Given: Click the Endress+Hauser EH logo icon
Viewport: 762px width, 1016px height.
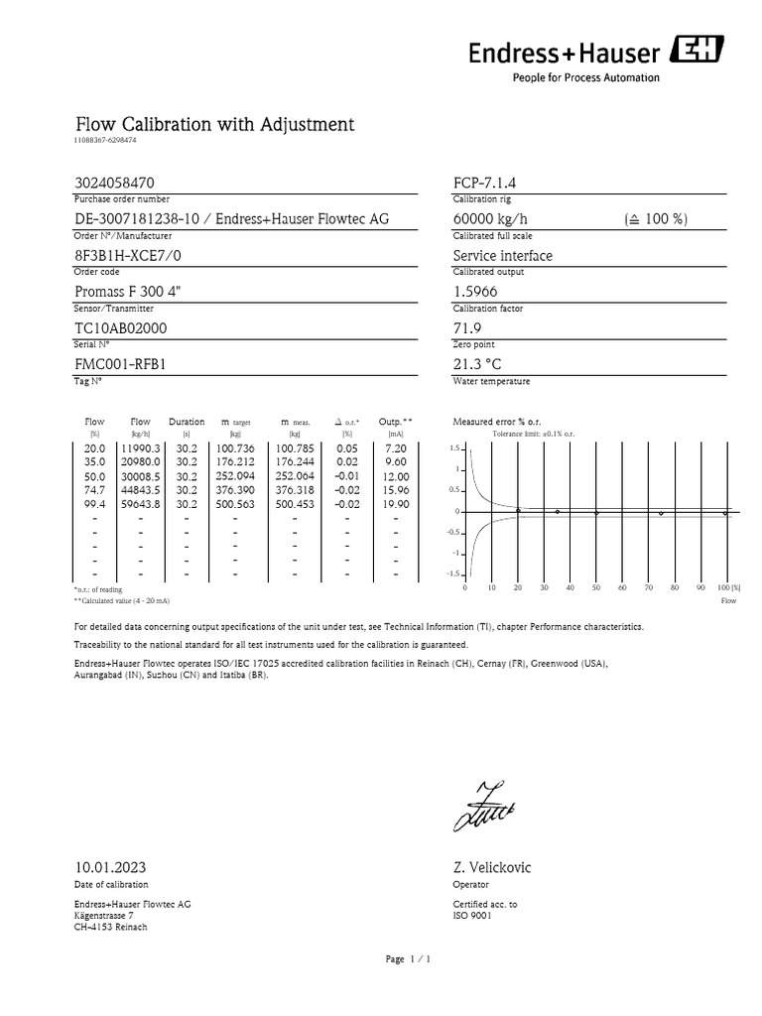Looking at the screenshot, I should [700, 49].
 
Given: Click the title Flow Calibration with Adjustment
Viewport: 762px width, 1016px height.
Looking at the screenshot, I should [214, 125].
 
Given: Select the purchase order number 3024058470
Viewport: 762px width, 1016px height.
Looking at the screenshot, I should [114, 184].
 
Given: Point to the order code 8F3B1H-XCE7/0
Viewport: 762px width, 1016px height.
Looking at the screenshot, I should [129, 255].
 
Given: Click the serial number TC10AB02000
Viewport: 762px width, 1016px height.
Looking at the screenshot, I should [120, 327].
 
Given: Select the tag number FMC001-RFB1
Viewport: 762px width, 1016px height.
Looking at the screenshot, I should [120, 363].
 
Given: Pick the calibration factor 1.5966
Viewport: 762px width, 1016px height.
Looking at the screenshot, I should [475, 292].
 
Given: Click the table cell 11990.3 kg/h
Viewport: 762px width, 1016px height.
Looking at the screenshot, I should [140, 448].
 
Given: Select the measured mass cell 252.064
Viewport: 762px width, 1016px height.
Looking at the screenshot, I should [295, 476].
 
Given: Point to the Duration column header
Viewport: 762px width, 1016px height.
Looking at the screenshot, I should [187, 422].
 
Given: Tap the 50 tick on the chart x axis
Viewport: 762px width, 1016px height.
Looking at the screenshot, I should [596, 587].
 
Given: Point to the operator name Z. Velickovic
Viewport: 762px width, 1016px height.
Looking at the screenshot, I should [492, 867].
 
